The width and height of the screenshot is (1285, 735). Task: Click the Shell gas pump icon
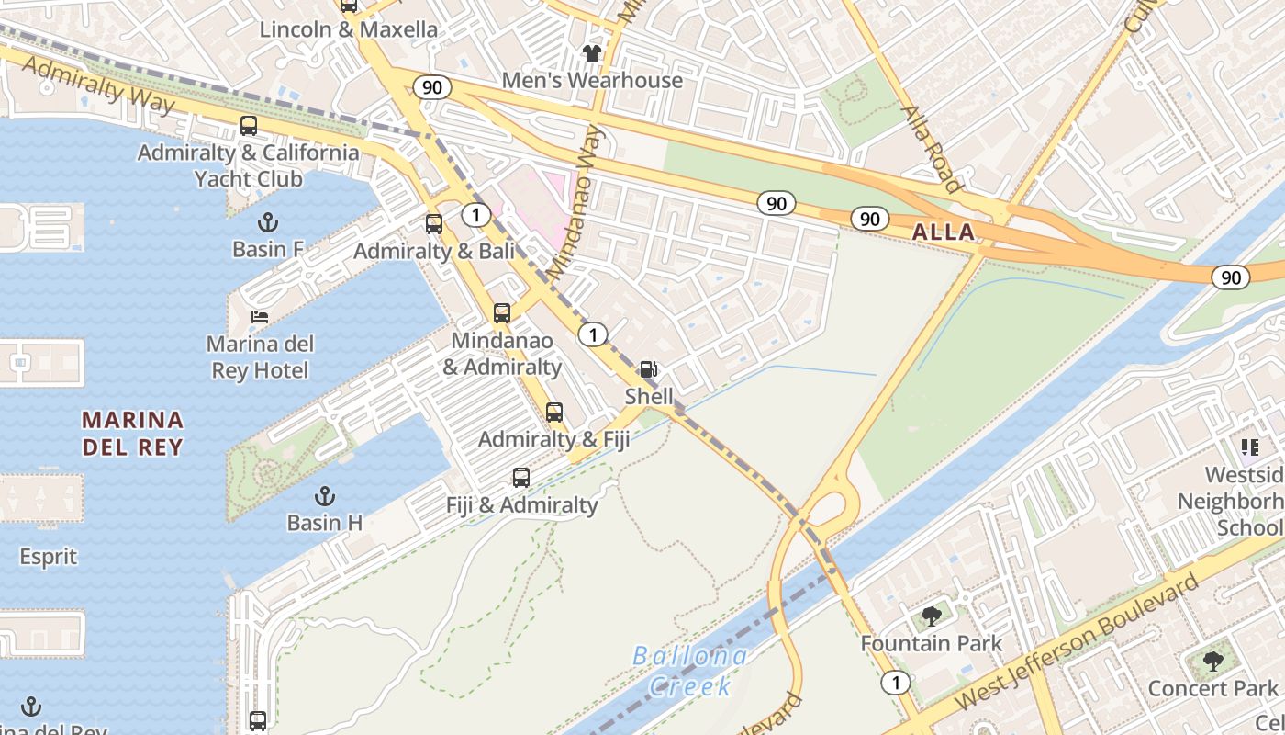pos(648,370)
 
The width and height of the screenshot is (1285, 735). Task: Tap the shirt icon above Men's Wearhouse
pos(592,53)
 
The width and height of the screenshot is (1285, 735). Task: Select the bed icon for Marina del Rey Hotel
pos(260,317)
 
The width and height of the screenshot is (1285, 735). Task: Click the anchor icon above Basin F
pos(267,222)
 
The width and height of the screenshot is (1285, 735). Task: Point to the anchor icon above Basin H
pos(324,496)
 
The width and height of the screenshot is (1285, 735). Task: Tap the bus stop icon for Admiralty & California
pos(248,126)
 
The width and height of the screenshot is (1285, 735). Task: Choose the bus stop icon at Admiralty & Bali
pos(433,223)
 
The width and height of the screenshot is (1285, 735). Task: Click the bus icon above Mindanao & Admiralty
pos(501,313)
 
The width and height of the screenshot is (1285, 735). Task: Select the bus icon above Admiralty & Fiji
pos(553,413)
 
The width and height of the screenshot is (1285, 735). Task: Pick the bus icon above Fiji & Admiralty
pos(520,478)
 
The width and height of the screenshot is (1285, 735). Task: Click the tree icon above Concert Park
pos(1212,661)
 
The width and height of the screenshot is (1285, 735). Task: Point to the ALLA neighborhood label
pos(944,232)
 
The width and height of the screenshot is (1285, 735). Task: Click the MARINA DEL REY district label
pos(132,434)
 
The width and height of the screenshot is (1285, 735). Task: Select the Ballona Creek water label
pos(690,671)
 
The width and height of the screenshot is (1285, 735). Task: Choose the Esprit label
pos(49,557)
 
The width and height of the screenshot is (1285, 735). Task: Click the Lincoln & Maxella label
pos(349,29)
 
